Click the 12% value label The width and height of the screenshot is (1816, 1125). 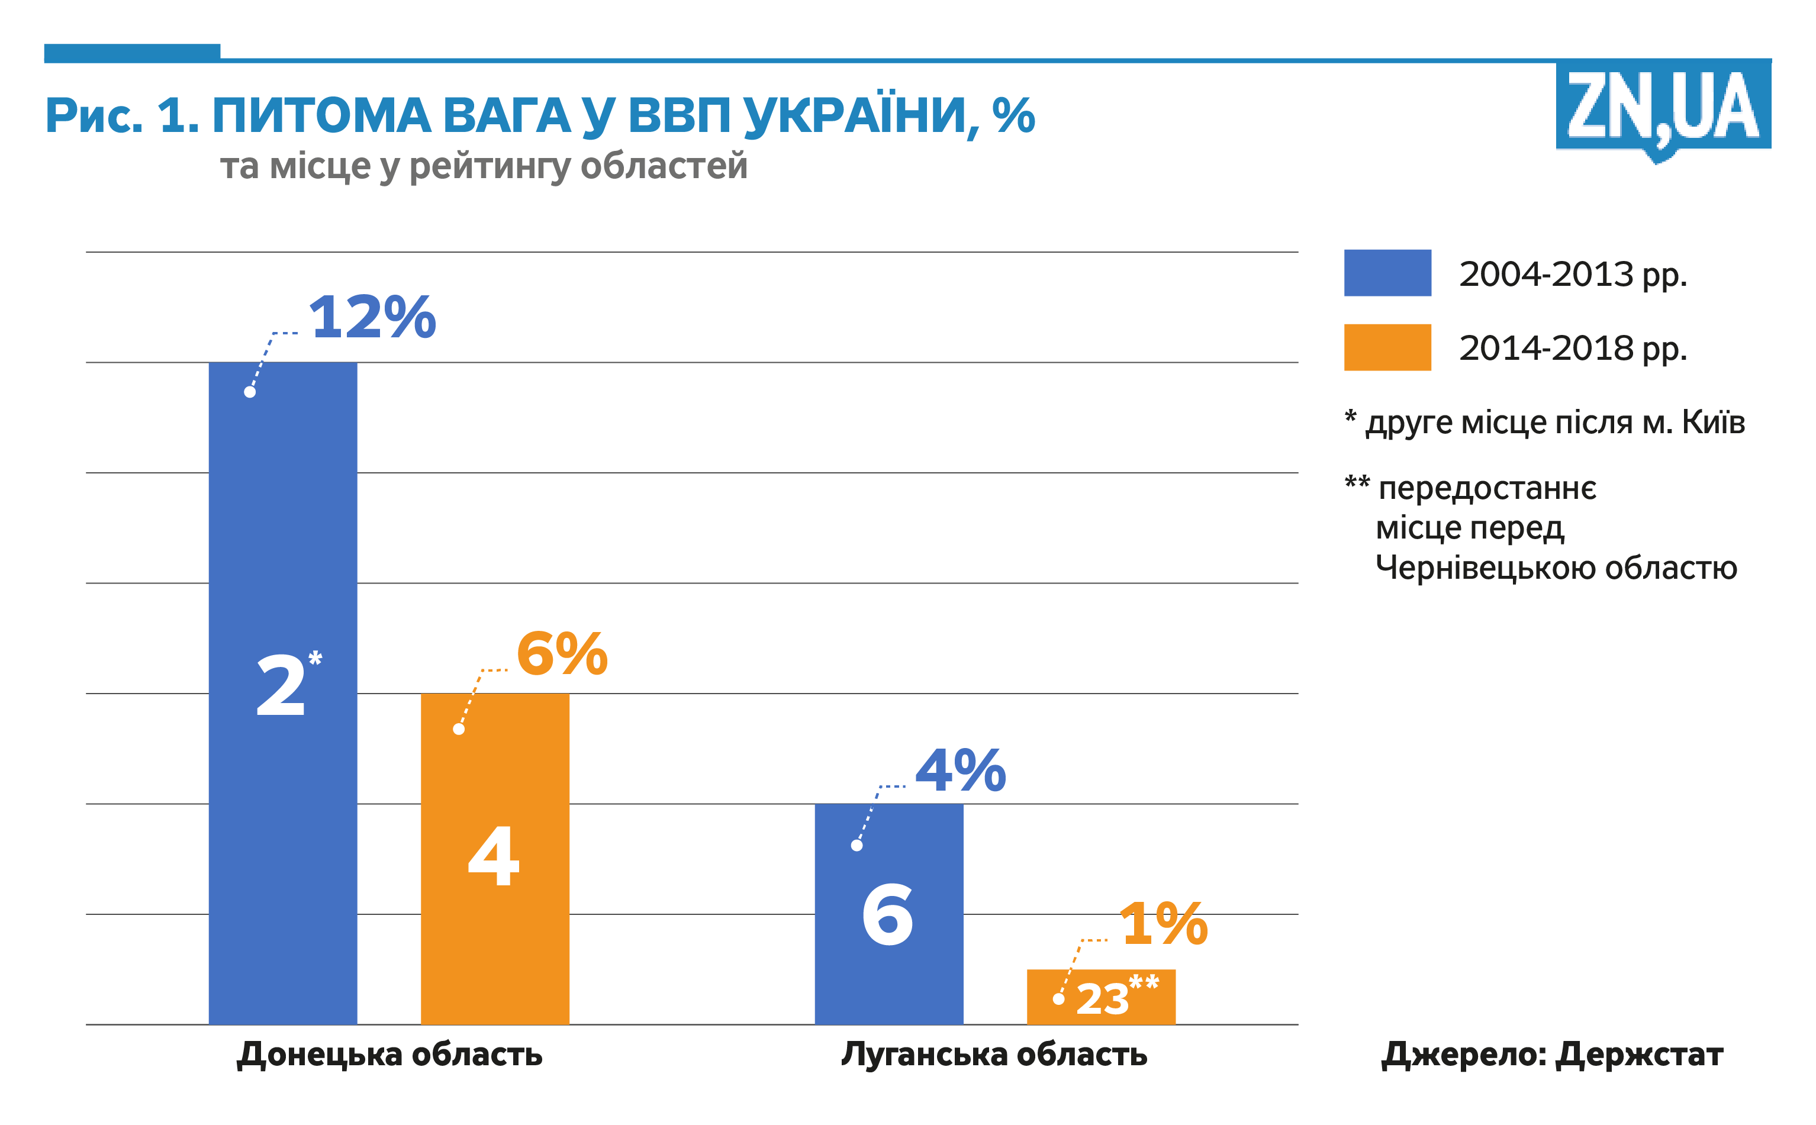tap(372, 317)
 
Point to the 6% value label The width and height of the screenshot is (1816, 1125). tap(562, 654)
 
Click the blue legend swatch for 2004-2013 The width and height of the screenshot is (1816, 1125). tap(1387, 273)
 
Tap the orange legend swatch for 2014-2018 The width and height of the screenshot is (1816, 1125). tap(1387, 347)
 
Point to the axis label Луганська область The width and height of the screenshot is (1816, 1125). tap(994, 1055)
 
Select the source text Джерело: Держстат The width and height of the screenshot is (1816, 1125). tap(1552, 1055)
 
